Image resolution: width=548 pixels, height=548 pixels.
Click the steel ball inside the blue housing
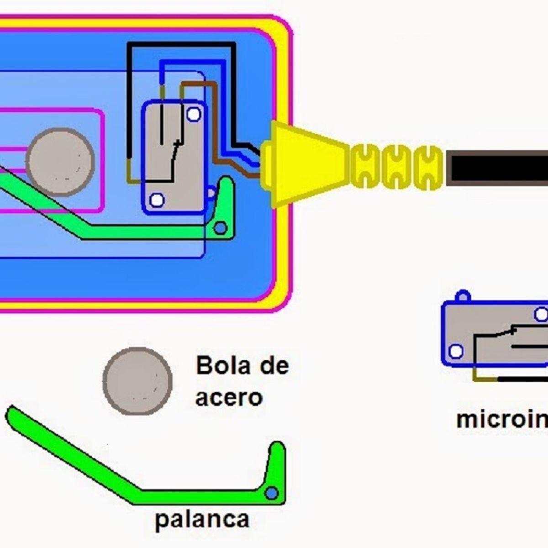click(60, 162)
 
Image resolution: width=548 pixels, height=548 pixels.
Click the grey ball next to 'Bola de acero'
click(137, 381)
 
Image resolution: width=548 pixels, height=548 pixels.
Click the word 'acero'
click(229, 397)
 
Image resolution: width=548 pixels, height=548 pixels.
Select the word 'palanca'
click(202, 519)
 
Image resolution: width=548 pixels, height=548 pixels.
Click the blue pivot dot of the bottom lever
click(272, 493)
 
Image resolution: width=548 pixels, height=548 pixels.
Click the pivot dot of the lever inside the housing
click(221, 227)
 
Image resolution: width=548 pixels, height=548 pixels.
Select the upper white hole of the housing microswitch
click(194, 114)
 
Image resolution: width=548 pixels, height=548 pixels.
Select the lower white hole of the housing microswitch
click(157, 200)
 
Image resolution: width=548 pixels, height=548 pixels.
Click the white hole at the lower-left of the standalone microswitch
click(456, 351)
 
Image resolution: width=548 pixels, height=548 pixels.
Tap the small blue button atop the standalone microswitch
click(464, 296)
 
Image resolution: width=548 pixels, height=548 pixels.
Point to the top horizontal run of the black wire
click(183, 45)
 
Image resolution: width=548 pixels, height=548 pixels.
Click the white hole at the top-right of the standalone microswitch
click(541, 314)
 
